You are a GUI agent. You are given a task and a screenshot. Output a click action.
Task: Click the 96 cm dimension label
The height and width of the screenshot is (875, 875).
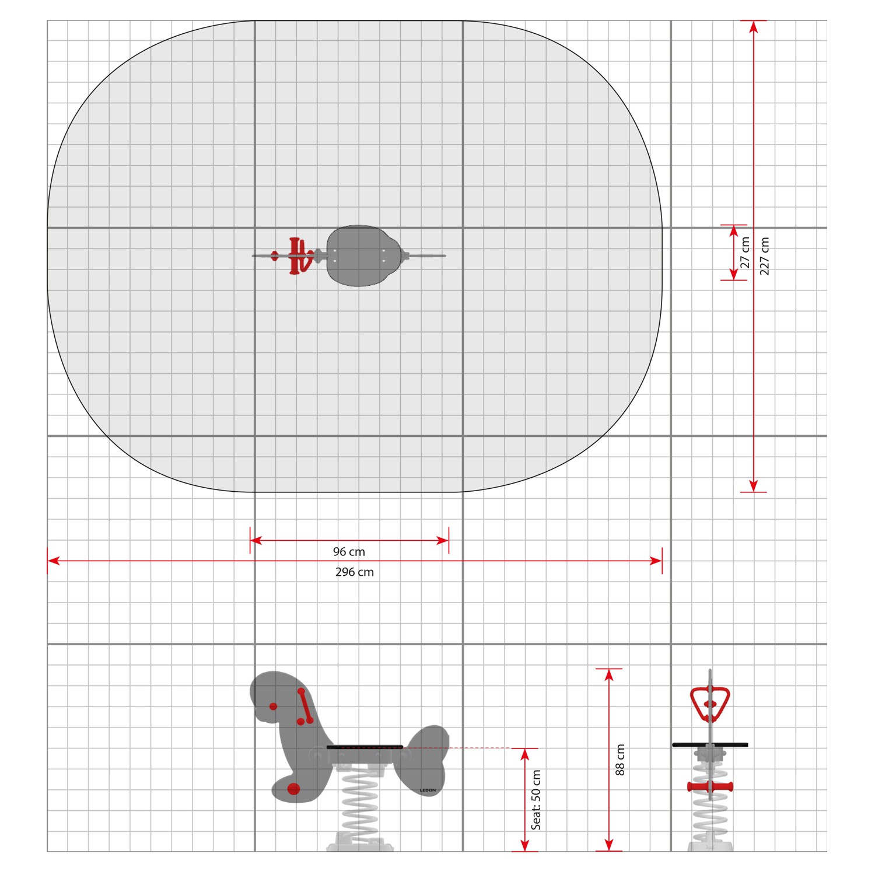pos(349,552)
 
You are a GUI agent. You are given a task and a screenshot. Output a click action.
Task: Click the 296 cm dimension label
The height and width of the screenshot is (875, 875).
pos(355,572)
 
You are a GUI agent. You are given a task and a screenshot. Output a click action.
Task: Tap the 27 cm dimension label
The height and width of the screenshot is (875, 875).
pos(745,253)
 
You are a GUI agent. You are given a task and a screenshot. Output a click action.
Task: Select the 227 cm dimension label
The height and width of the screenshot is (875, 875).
pos(765,256)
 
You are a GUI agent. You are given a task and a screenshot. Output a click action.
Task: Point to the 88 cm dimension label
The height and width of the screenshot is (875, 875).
pos(620,759)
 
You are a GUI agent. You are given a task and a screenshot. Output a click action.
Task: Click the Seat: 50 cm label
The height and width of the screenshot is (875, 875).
pos(536,800)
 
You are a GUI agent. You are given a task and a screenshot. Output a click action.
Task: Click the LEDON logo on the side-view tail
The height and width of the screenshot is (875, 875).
pos(428,790)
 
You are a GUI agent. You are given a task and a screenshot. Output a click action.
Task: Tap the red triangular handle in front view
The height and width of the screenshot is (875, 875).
pos(710,703)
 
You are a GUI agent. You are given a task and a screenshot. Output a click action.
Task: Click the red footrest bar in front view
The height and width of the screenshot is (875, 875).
pos(710,787)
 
